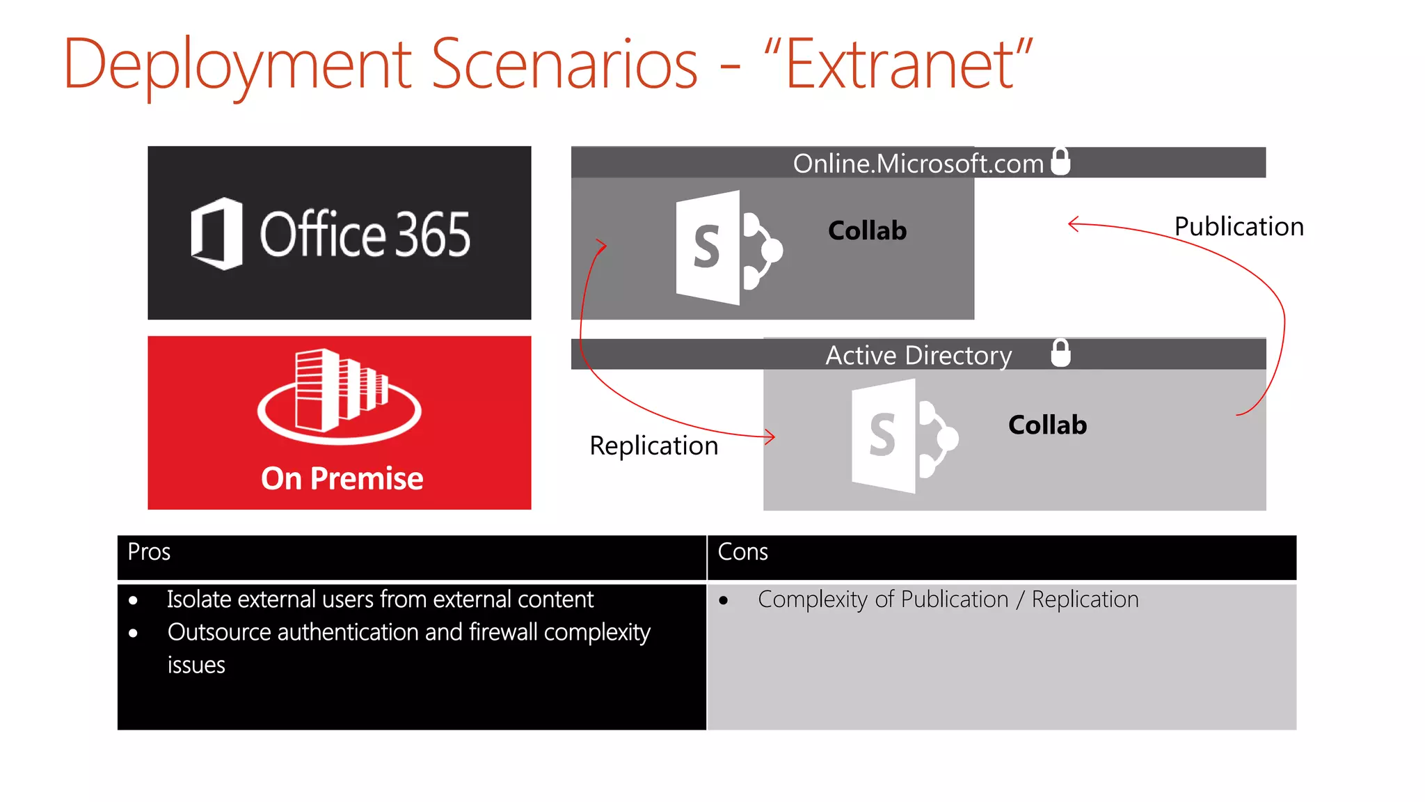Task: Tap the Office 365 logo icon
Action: click(217, 233)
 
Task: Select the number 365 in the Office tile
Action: click(432, 235)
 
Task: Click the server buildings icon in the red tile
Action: click(340, 395)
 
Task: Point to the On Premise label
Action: click(342, 478)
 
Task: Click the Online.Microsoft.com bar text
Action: click(918, 164)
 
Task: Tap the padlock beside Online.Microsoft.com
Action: click(1060, 162)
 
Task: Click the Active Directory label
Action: click(918, 355)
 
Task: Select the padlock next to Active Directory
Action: click(1060, 353)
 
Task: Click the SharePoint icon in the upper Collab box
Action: click(727, 248)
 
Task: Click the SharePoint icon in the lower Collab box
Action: click(903, 437)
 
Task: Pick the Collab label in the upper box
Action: click(867, 230)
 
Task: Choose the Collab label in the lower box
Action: click(1047, 425)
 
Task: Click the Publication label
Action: click(1239, 226)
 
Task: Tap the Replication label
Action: click(653, 446)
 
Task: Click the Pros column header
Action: click(149, 551)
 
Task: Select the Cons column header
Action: click(742, 551)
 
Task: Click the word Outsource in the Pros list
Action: click(219, 632)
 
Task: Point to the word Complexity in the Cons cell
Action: click(812, 599)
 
